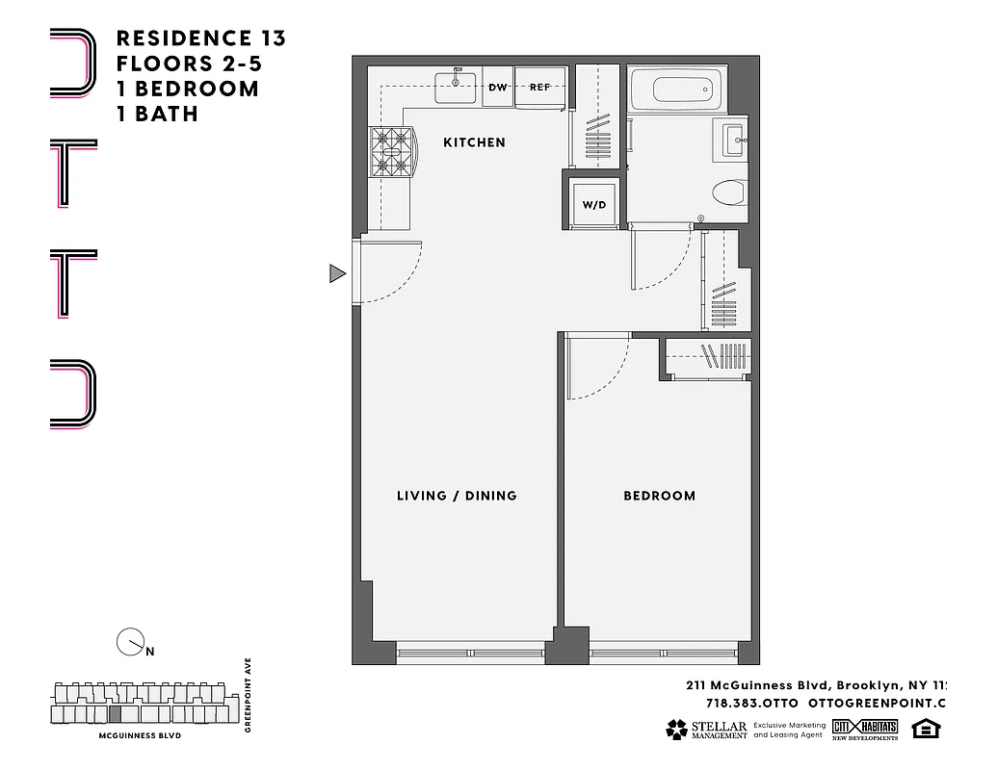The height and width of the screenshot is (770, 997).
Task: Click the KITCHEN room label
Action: pyautogui.click(x=474, y=142)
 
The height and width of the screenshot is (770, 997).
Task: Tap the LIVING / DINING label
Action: pyautogui.click(x=457, y=496)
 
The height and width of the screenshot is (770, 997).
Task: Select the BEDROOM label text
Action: pyautogui.click(x=659, y=496)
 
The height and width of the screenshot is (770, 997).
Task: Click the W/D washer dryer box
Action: pyautogui.click(x=593, y=204)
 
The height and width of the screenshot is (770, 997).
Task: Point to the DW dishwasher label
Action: pyautogui.click(x=497, y=87)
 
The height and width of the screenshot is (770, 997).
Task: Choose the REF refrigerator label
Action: pyautogui.click(x=539, y=87)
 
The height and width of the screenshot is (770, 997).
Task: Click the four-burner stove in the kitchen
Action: pyautogui.click(x=391, y=152)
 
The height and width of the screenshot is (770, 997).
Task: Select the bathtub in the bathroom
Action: pyautogui.click(x=687, y=91)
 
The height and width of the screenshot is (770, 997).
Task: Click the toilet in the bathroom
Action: pyautogui.click(x=729, y=193)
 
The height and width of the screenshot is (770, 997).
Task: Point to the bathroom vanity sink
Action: pyautogui.click(x=732, y=141)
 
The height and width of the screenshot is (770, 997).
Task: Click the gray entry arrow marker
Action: pyautogui.click(x=336, y=274)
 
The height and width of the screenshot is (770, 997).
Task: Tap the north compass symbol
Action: pyautogui.click(x=129, y=642)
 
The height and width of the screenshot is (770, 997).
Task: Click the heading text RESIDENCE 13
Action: pyautogui.click(x=200, y=38)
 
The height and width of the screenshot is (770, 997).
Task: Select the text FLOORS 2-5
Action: pyautogui.click(x=188, y=64)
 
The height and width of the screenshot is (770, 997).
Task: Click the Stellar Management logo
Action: pyautogui.click(x=705, y=730)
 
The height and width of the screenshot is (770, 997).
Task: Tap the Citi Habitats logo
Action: pyautogui.click(x=865, y=729)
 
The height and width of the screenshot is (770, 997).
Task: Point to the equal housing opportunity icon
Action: pyautogui.click(x=925, y=729)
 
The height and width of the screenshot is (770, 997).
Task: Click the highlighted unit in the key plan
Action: pyautogui.click(x=116, y=714)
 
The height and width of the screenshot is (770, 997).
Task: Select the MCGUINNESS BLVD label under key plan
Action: pyautogui.click(x=140, y=735)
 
